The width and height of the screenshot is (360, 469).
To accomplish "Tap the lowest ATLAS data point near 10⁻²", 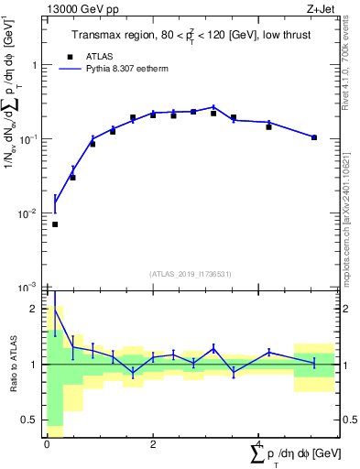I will point(55,224).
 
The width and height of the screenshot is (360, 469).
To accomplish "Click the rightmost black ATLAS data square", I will point(314,137).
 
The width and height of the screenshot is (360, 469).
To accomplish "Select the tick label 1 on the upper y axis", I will point(34,65).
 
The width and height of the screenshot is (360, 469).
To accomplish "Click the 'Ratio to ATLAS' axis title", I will point(12,365).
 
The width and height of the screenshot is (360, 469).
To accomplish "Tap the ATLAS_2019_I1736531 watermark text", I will point(190,274).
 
